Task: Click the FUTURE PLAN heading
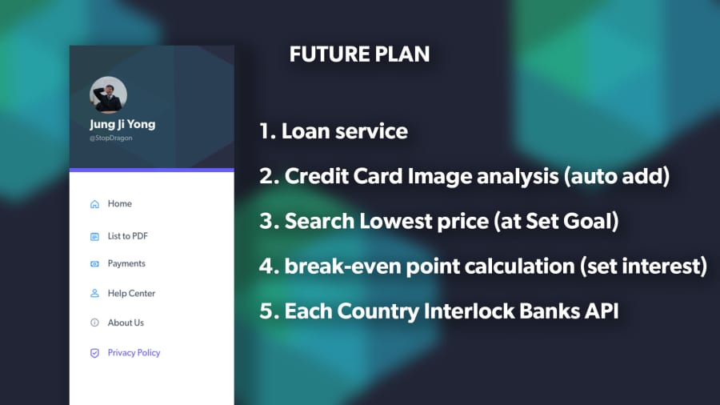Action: (359, 54)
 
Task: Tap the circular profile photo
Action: (108, 94)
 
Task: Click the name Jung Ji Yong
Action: (122, 124)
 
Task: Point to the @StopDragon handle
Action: (111, 138)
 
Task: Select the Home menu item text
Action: (120, 203)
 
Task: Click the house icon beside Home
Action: (94, 204)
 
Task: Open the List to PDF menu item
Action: (128, 236)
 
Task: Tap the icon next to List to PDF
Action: (94, 236)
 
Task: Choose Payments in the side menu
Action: (126, 263)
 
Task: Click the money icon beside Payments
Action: (94, 264)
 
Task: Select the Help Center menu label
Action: (131, 294)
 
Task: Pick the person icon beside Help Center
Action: (94, 294)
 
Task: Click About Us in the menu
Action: (126, 323)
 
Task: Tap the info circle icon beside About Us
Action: (94, 323)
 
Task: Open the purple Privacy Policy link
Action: (134, 353)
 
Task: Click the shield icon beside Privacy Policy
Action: (94, 353)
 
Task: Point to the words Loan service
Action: (344, 131)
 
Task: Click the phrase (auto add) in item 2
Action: (617, 176)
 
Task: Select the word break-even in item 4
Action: (343, 267)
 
